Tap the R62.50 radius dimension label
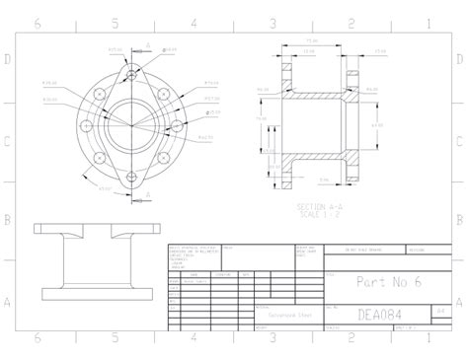[205, 138]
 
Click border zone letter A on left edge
[9, 302]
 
